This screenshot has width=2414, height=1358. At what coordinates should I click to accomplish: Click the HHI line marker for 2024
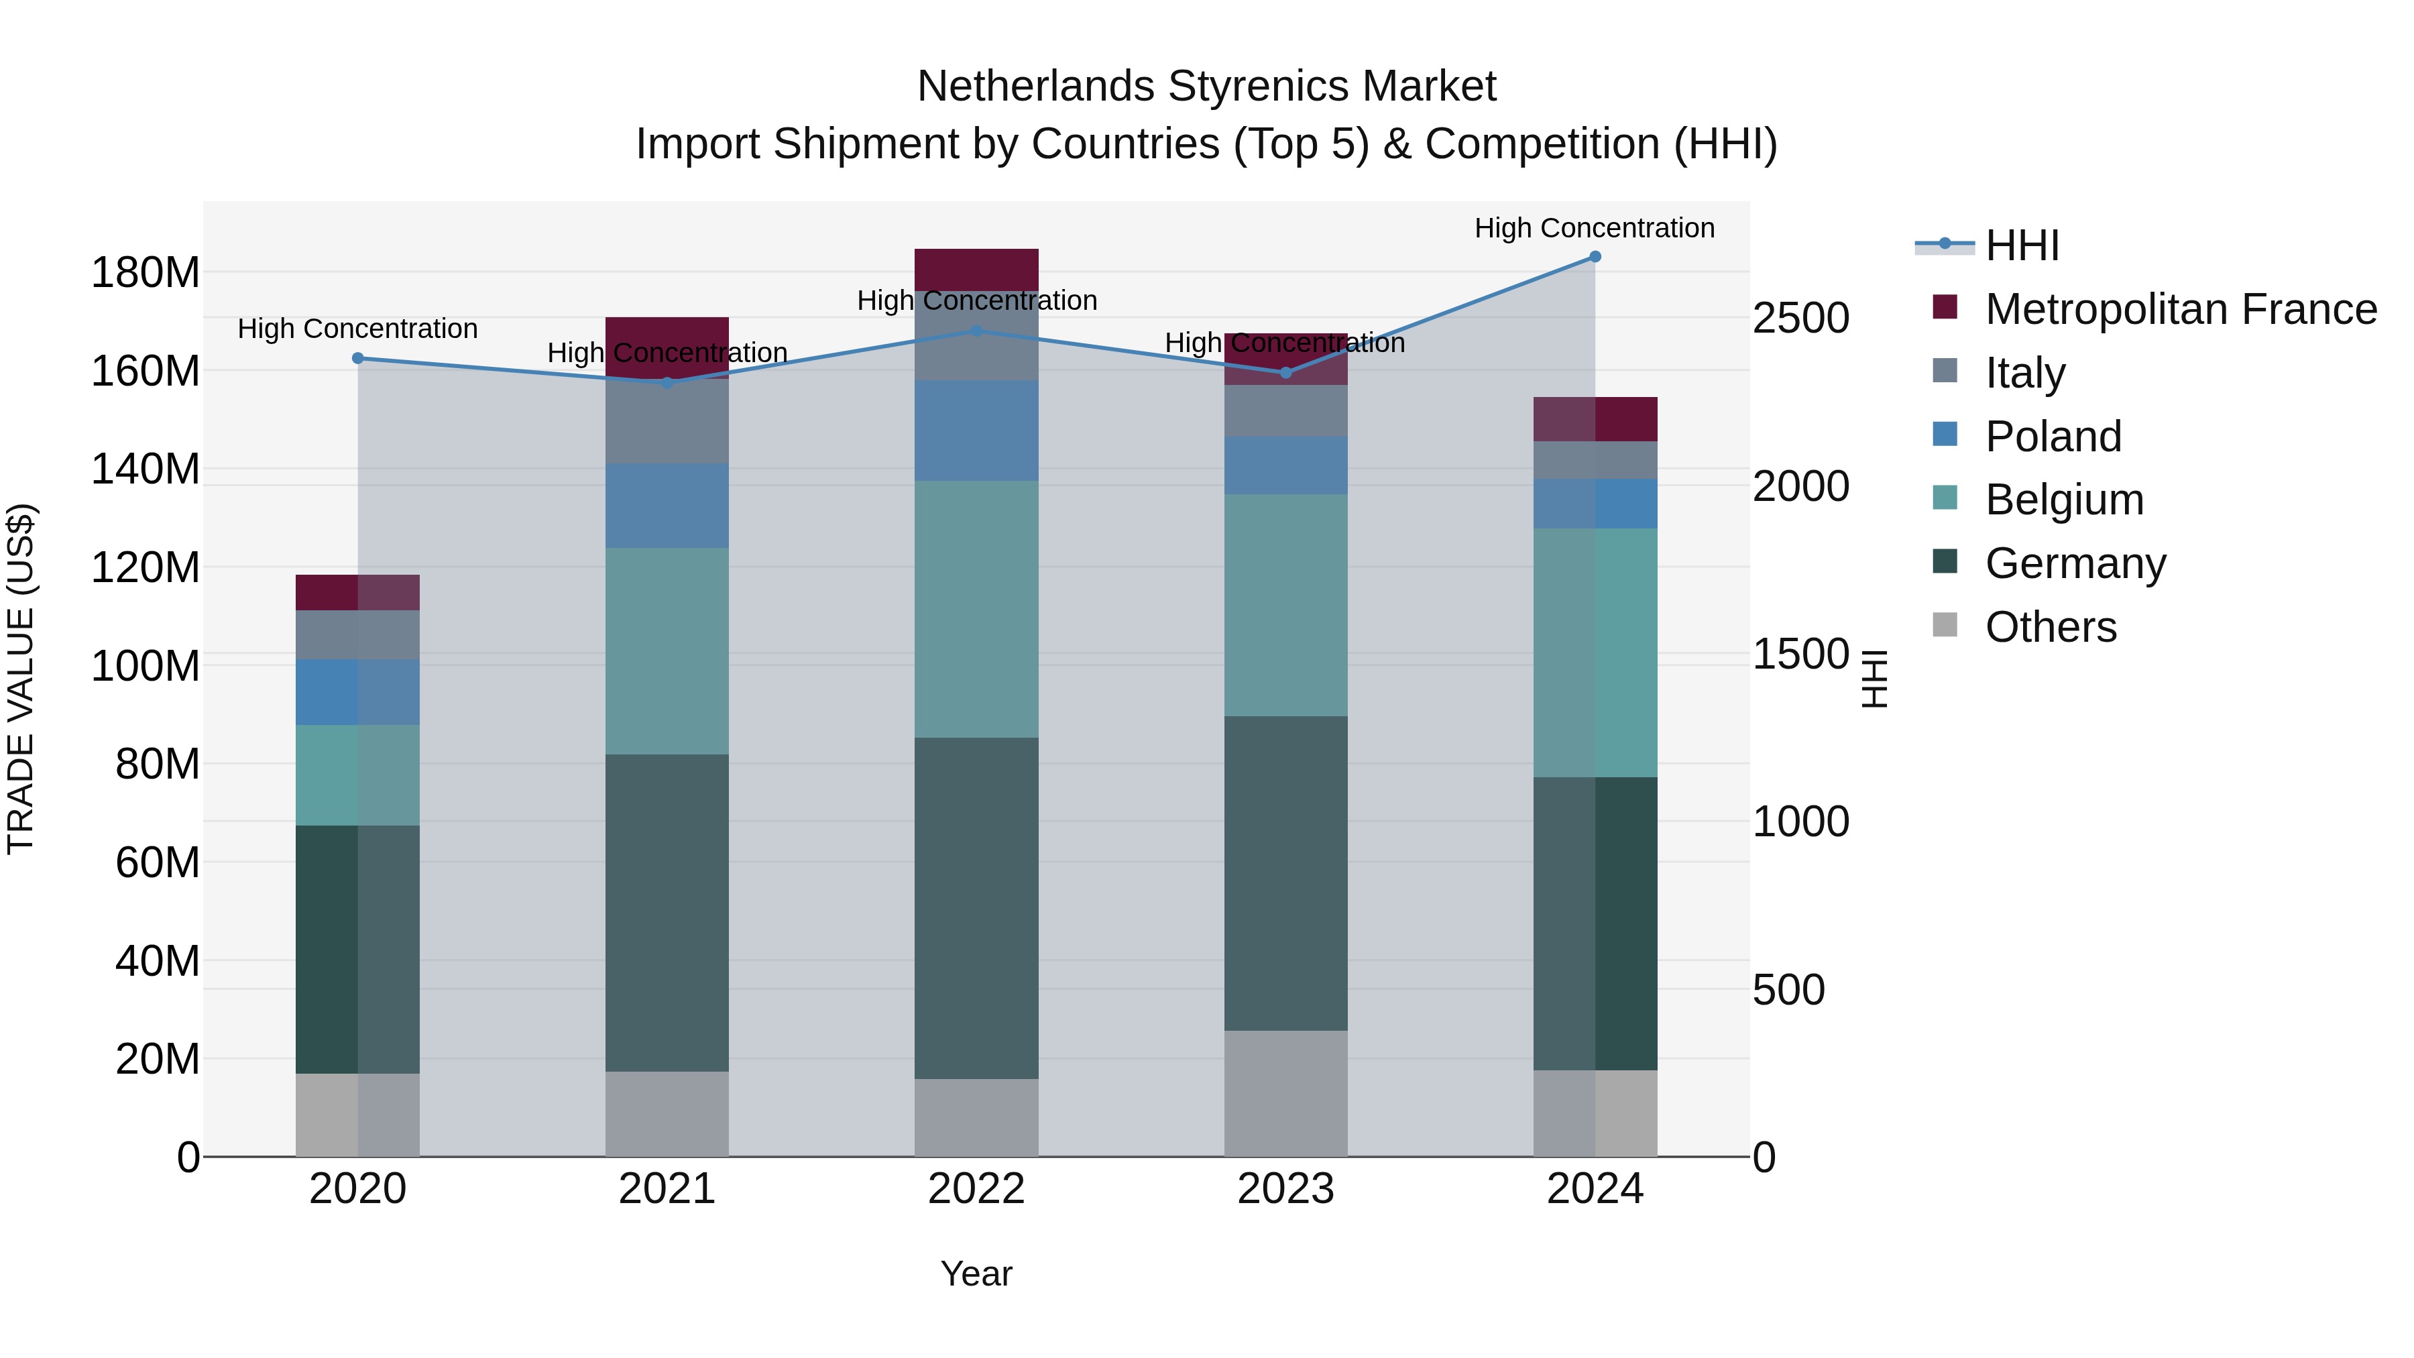tap(1595, 257)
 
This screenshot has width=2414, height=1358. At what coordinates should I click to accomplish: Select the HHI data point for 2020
tap(358, 358)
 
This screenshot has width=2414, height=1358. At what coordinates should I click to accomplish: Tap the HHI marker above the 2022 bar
tap(976, 331)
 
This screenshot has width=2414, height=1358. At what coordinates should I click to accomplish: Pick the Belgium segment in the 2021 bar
tap(667, 650)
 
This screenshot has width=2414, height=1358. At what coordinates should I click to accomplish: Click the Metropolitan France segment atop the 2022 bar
tap(976, 269)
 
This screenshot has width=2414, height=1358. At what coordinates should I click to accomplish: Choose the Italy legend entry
tap(2024, 373)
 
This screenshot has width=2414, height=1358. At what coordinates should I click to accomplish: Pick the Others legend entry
tap(2051, 627)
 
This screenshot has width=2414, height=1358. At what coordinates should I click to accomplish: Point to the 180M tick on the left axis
tap(146, 273)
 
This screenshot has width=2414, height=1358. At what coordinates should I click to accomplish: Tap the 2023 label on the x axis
tap(1285, 1188)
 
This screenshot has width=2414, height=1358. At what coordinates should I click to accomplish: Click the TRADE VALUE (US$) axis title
tap(21, 679)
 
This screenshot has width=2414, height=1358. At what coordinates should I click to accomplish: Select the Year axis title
tap(976, 1274)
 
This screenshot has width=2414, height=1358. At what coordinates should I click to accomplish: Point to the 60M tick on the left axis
tap(158, 862)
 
